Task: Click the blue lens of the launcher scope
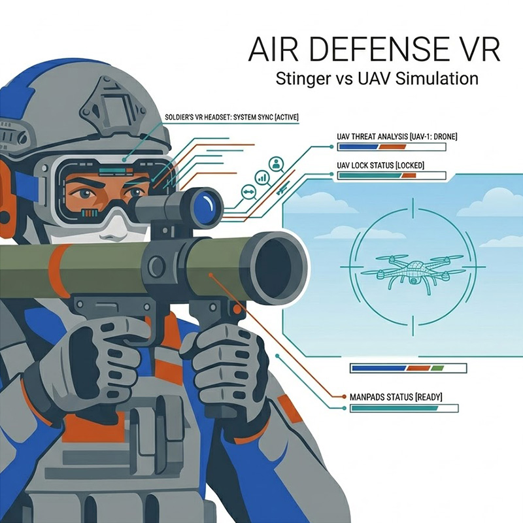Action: click(206, 204)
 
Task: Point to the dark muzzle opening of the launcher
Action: click(279, 267)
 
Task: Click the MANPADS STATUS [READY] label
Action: click(396, 397)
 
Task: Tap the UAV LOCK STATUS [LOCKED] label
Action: click(380, 165)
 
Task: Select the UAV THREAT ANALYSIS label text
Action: click(397, 137)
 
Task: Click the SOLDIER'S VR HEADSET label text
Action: click(232, 118)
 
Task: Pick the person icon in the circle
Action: click(276, 164)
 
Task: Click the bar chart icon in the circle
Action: click(262, 177)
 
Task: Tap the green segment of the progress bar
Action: click(437, 368)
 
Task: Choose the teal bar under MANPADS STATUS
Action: click(395, 408)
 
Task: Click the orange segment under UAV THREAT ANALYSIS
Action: click(392, 146)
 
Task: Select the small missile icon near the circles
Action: click(283, 188)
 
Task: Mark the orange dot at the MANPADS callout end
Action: click(345, 397)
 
